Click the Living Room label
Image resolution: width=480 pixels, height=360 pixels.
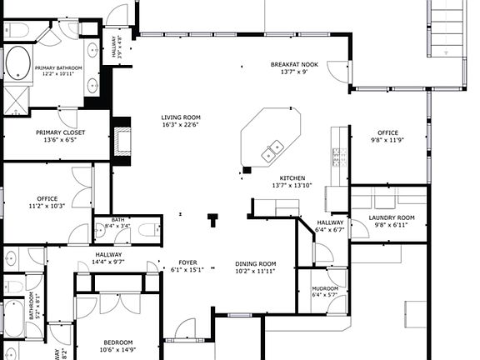181,117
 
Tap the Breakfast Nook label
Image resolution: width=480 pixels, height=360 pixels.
295,64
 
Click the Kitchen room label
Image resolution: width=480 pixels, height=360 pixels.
292,177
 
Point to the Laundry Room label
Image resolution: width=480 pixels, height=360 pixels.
392,217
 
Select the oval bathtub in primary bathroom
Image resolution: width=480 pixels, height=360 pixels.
17,63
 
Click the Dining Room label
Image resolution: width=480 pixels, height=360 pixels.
255,263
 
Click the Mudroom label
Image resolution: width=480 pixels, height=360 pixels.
325,287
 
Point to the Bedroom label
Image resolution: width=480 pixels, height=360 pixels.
118,342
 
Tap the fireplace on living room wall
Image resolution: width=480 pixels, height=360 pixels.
123,139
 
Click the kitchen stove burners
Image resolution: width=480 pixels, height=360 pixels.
338,156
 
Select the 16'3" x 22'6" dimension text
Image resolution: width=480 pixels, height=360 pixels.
181,126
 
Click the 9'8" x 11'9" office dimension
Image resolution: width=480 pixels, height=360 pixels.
387,140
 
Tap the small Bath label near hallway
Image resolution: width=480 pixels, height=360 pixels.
106,219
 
